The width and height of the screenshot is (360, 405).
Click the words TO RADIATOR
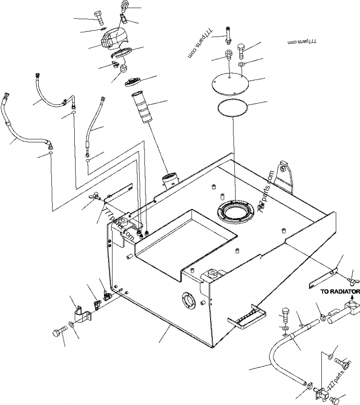click(x=340, y=291)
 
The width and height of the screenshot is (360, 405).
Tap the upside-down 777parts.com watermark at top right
click(x=302, y=41)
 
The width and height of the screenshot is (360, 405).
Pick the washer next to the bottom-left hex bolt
click(x=72, y=325)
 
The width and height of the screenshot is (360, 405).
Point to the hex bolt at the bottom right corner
click(x=335, y=399)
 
